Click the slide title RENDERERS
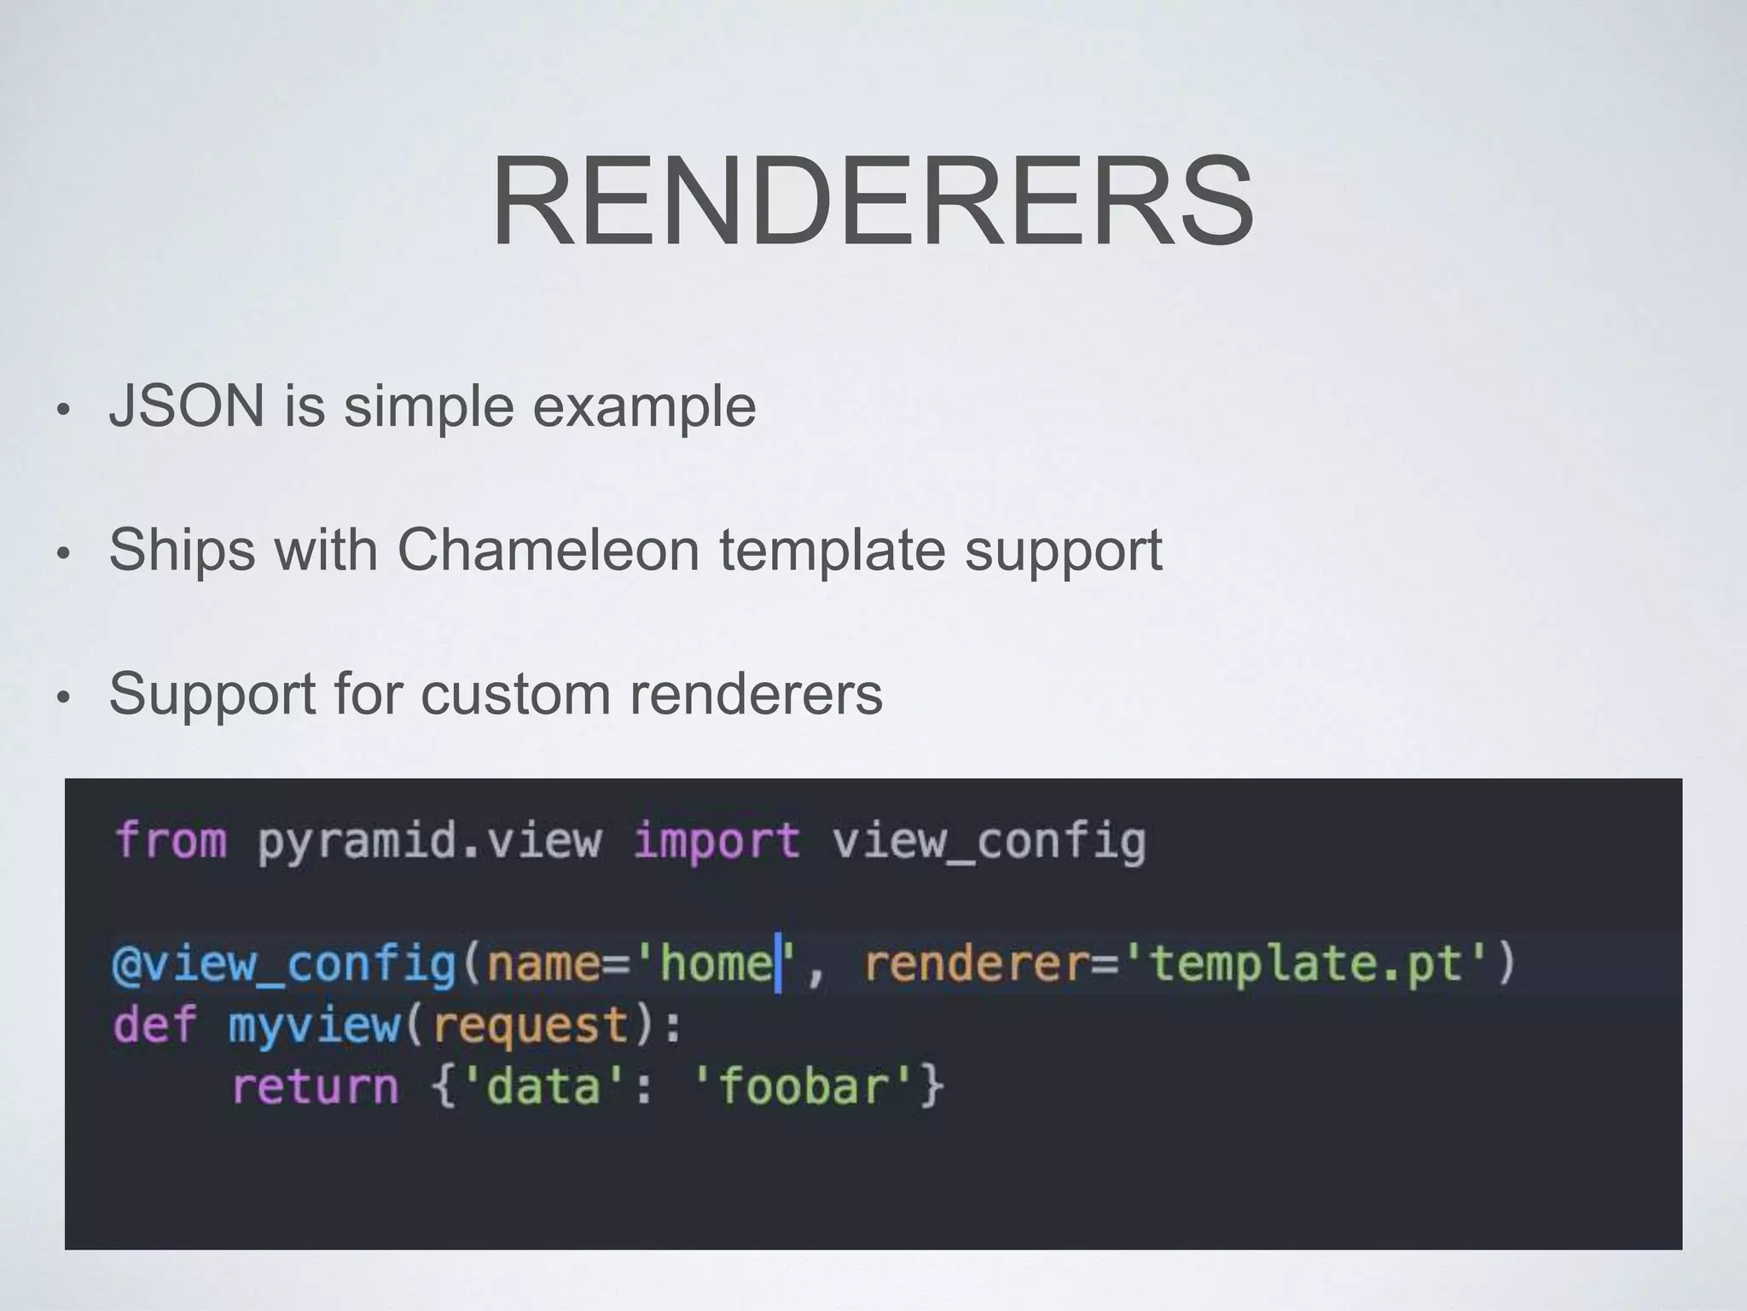[x=872, y=201]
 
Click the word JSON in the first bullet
[x=187, y=406]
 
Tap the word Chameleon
[x=548, y=550]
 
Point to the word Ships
[x=182, y=550]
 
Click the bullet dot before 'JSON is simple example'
[x=61, y=411]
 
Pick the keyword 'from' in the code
[x=171, y=841]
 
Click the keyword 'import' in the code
[x=717, y=841]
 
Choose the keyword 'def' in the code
[x=154, y=1025]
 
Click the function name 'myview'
[x=313, y=1025]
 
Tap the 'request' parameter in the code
[x=531, y=1025]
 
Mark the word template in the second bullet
[x=832, y=550]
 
